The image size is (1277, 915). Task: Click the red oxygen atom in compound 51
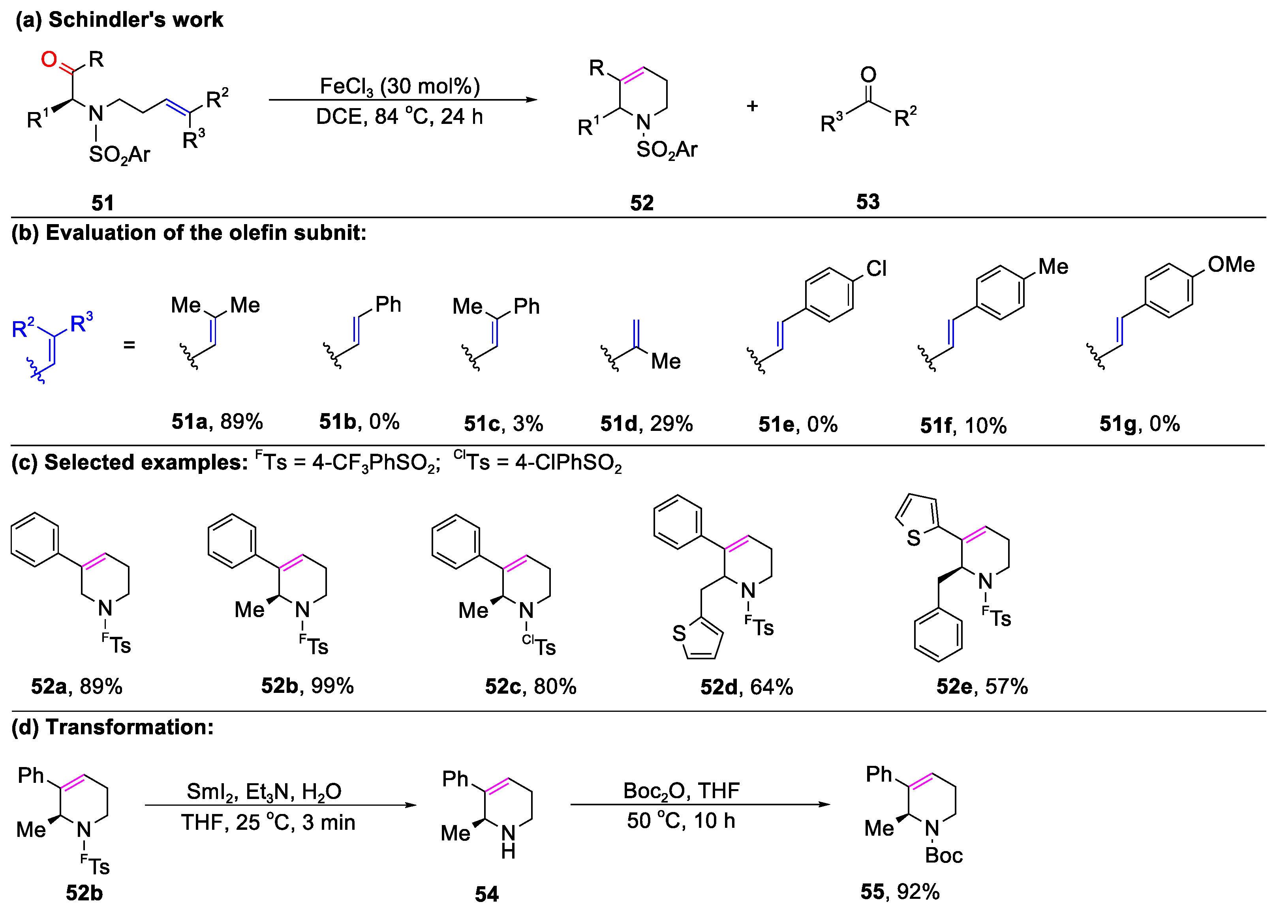(x=49, y=58)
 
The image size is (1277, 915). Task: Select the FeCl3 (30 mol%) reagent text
(x=400, y=86)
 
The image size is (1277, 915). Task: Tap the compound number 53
(x=868, y=202)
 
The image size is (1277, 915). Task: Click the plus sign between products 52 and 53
(x=752, y=106)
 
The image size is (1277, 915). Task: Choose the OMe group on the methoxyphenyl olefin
(x=1231, y=264)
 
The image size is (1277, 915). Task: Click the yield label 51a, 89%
(x=217, y=421)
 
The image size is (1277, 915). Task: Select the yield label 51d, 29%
(x=646, y=424)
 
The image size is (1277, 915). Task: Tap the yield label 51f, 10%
(x=963, y=425)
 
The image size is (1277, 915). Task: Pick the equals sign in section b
(x=129, y=344)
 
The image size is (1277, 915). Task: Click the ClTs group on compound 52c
(x=539, y=646)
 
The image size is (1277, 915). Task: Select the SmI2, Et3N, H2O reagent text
(x=264, y=791)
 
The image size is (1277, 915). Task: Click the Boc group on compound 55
(x=944, y=855)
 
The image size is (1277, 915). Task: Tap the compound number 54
(x=486, y=894)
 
